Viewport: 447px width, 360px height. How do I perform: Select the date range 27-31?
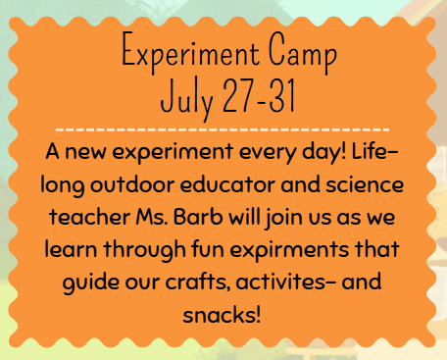click(256, 96)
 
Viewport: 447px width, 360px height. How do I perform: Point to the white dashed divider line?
click(223, 129)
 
